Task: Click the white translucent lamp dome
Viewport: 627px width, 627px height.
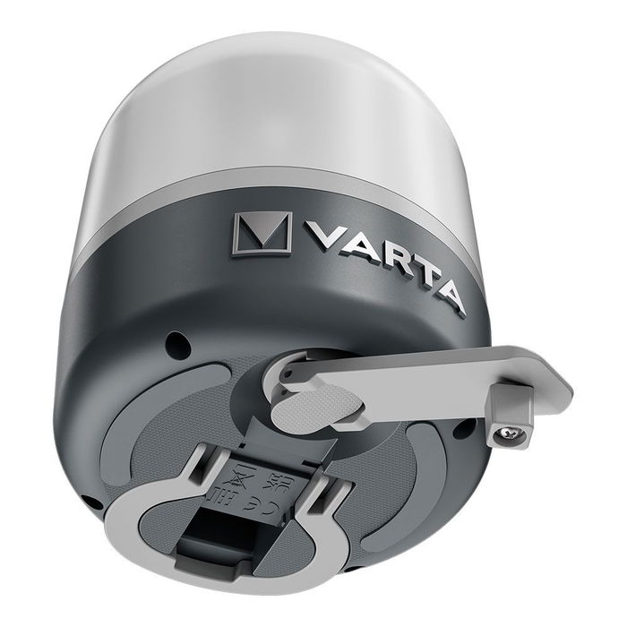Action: tap(269, 99)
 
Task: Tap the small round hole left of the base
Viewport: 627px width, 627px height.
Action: tap(179, 341)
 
